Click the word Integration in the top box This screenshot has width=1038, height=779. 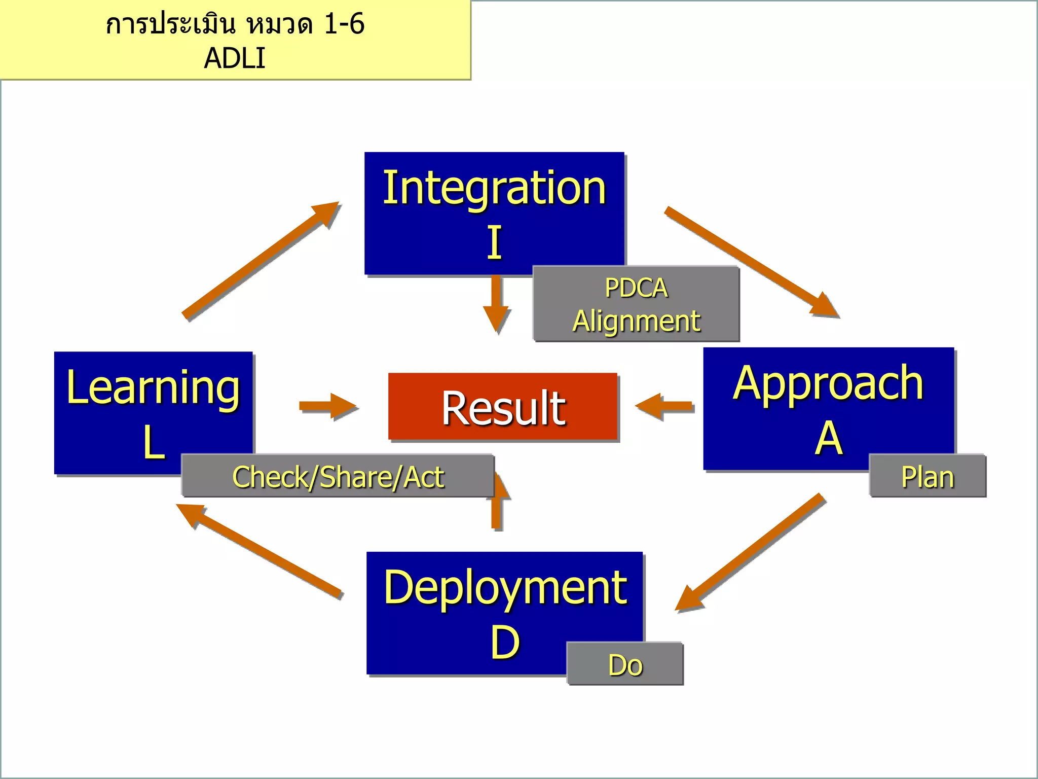pos(494,189)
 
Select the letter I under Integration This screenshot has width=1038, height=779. pos(495,243)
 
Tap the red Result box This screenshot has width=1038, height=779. pos(503,407)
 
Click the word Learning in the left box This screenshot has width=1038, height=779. pos(153,388)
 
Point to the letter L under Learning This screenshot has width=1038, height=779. pos(154,443)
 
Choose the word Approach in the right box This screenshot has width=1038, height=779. pos(828,384)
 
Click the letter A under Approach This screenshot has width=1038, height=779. pos(828,438)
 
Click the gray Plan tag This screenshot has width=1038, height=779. pos(927,477)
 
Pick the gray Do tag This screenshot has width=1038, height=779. pos(625,664)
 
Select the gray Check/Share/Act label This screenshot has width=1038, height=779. pos(338,477)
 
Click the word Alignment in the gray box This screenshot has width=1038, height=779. pos(636,321)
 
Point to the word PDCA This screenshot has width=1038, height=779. pos(636,288)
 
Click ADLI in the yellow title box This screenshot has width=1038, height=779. pos(234,58)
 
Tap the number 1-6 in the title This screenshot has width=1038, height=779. pos(344,24)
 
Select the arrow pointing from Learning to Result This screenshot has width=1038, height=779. pos(327,406)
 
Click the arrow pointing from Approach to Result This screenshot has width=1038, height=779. pos(664,406)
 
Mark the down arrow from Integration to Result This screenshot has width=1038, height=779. pos(496,304)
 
